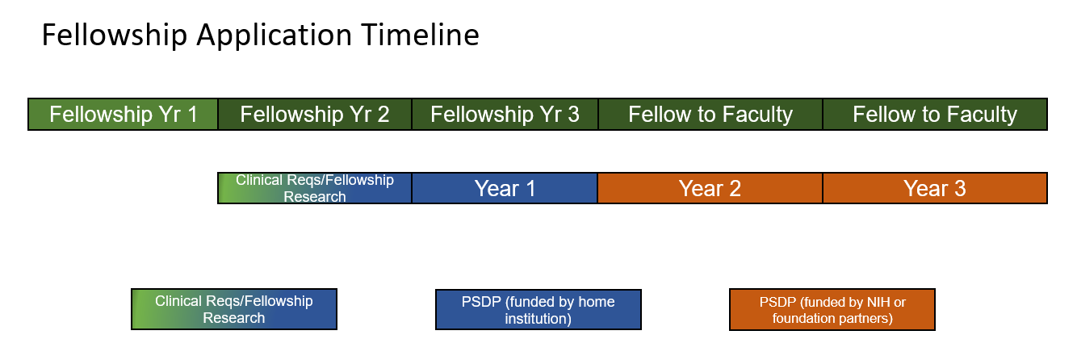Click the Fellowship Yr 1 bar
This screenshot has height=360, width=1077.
tap(123, 114)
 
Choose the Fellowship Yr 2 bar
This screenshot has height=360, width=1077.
tap(315, 114)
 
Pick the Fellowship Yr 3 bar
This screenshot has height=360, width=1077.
tap(505, 114)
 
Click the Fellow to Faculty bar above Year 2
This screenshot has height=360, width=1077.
tap(710, 114)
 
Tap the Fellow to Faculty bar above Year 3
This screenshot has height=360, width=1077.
tap(935, 114)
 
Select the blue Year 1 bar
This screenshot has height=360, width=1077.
tap(505, 188)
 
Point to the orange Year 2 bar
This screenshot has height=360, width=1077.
tap(710, 188)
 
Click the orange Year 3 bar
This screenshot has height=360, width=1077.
tap(935, 188)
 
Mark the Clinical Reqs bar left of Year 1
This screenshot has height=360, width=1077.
tap(315, 188)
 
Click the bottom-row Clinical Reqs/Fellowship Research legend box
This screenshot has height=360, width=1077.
tap(234, 309)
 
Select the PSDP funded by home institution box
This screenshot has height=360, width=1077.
tap(538, 309)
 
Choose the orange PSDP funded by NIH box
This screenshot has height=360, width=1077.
tap(832, 309)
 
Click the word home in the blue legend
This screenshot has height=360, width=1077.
tap(597, 302)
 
